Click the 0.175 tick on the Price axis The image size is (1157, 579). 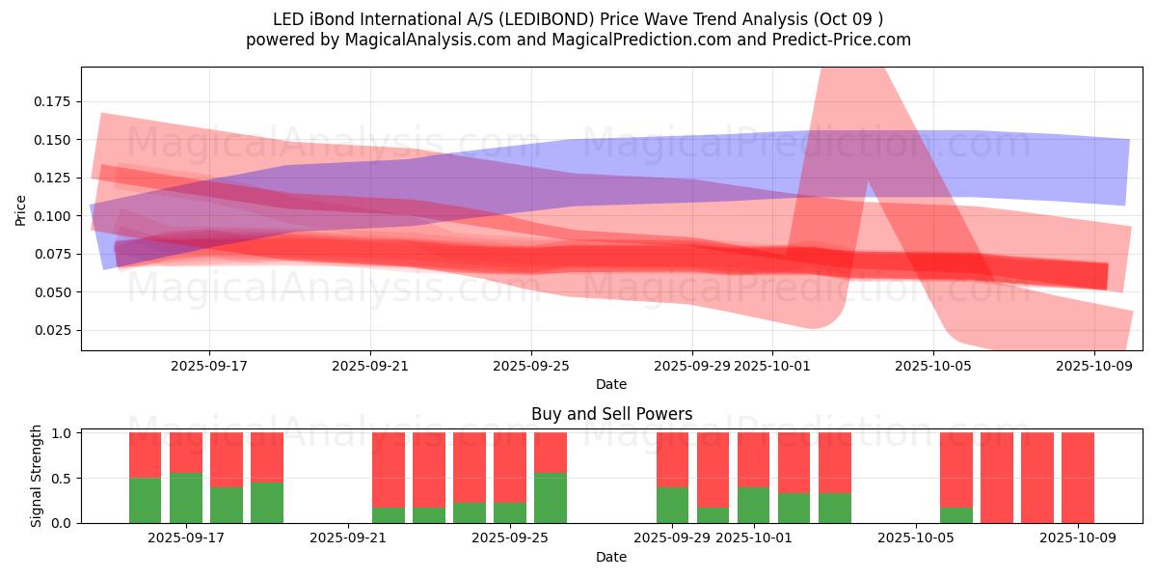pyautogui.click(x=54, y=101)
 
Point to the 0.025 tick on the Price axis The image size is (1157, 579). pyautogui.click(x=54, y=330)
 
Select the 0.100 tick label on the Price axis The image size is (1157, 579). pyautogui.click(x=54, y=216)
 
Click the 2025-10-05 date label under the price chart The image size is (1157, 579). pyautogui.click(x=932, y=367)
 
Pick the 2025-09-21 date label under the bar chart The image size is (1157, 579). pyautogui.click(x=346, y=538)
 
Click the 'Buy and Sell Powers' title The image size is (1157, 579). pyautogui.click(x=611, y=414)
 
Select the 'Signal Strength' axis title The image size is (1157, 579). pyautogui.click(x=37, y=476)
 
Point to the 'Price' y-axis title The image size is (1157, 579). pyautogui.click(x=21, y=209)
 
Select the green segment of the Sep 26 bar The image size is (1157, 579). pyautogui.click(x=551, y=498)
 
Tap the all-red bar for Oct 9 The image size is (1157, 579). pyautogui.click(x=1078, y=478)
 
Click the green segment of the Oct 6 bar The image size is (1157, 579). pyautogui.click(x=956, y=515)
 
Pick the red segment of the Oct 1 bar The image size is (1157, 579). pyautogui.click(x=754, y=459)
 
